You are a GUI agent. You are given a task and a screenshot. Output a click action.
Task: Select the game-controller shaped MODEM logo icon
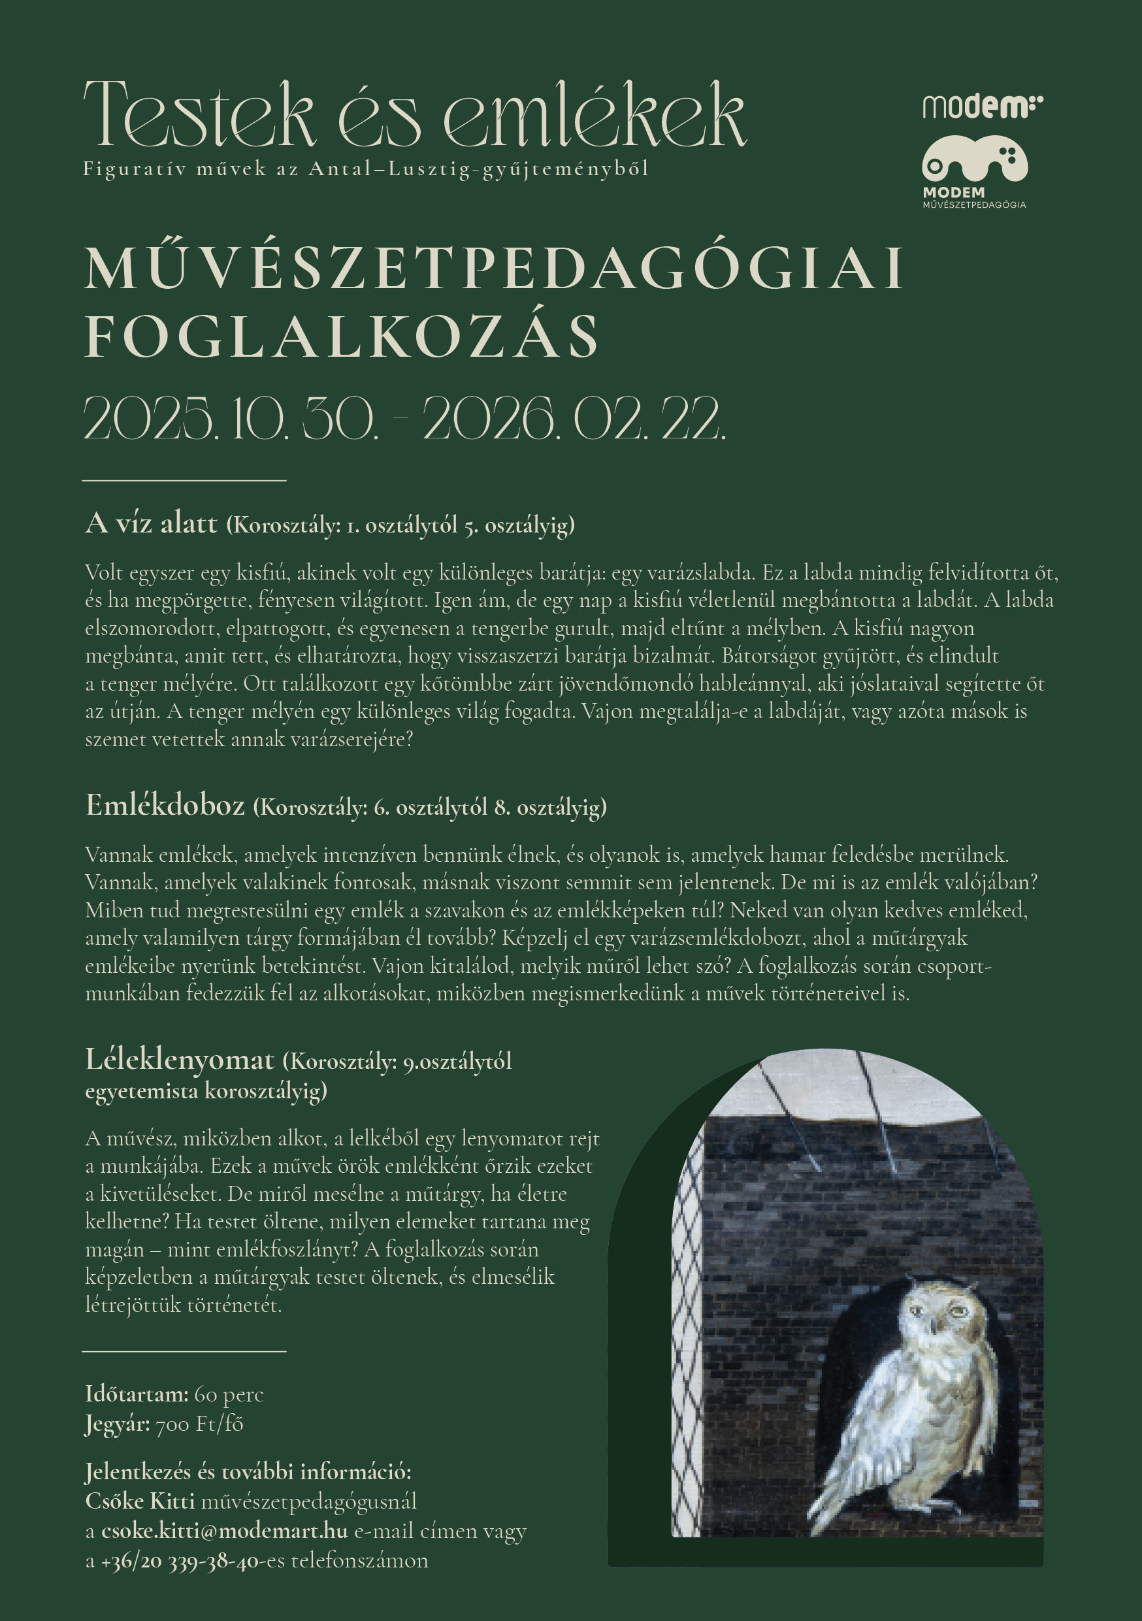(974, 161)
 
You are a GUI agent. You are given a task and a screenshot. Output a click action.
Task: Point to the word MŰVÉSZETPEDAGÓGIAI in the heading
(494, 269)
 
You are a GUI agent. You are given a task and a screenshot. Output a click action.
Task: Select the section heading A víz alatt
(151, 523)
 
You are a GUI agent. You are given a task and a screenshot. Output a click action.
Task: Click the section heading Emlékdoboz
(165, 805)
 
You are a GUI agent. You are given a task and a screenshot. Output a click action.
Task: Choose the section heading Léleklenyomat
(179, 1060)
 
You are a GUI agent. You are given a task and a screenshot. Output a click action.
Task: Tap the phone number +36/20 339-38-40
(180, 1561)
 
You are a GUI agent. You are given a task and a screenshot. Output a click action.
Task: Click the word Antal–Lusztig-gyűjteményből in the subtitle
(478, 169)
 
